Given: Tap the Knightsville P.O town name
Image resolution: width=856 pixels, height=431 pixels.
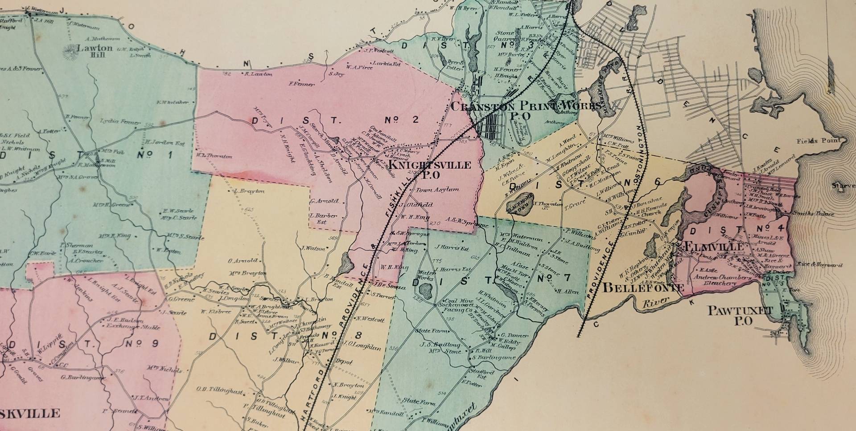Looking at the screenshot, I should click(430, 170).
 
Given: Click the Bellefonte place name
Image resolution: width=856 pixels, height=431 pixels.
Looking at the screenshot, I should click(643, 288).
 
